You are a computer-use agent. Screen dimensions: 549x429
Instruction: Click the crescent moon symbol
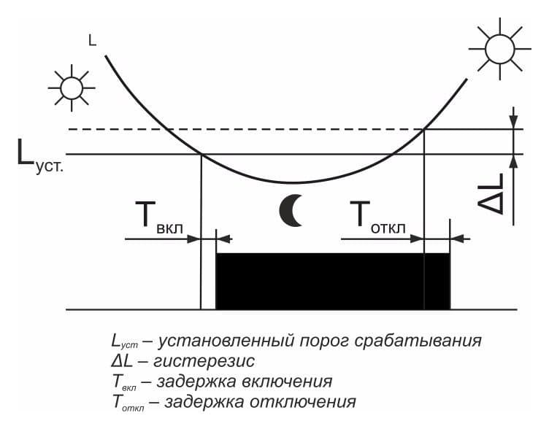tap(288, 211)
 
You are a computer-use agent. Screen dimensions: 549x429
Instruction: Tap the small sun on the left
tap(72, 88)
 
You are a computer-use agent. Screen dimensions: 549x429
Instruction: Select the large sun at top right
tap(499, 49)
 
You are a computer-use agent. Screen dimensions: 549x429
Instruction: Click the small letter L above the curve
tap(93, 41)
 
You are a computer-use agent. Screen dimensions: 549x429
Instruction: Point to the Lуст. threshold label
tap(40, 157)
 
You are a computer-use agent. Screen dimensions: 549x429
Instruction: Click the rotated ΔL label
tap(491, 193)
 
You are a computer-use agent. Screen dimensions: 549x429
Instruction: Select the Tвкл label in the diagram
tap(159, 216)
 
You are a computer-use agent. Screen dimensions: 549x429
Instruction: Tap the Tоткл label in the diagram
tap(377, 217)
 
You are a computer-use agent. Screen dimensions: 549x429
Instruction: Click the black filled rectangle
tap(333, 282)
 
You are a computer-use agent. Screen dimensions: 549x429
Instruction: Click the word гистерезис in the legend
tap(204, 361)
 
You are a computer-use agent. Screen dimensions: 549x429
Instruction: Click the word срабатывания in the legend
tap(418, 341)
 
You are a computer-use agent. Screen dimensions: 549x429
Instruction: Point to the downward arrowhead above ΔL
tap(513, 122)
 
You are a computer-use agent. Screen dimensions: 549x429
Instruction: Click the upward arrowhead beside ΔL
tap(513, 162)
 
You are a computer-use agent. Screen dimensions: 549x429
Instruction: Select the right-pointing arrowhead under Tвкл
tap(193, 239)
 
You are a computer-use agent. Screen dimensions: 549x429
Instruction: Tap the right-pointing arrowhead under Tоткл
tap(417, 239)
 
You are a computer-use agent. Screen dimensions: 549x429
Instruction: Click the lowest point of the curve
tap(291, 182)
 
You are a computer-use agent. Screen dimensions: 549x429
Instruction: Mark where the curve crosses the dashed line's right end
tap(424, 129)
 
